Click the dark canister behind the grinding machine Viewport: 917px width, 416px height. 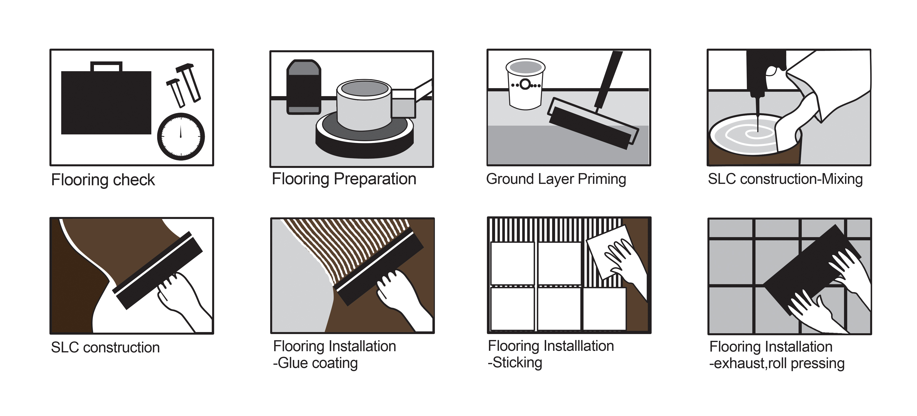tap(304, 87)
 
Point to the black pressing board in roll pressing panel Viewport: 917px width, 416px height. tap(812, 271)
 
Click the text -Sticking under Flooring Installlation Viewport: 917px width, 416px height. tap(515, 363)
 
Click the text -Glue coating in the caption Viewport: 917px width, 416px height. tap(315, 363)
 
